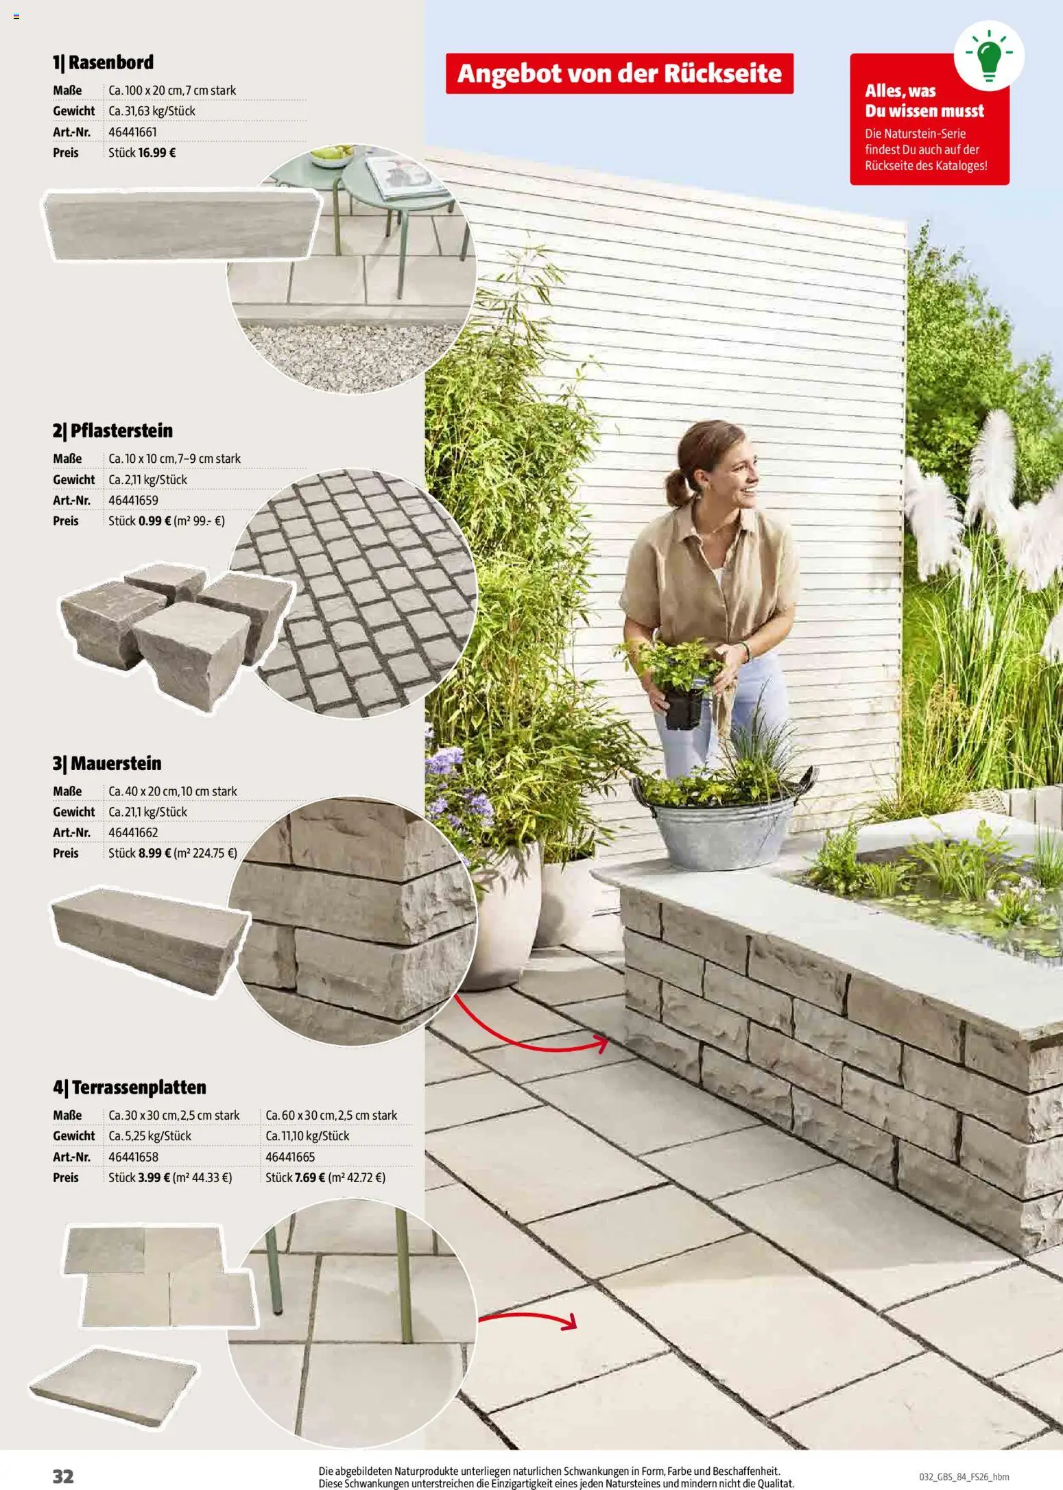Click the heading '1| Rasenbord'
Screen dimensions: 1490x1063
pyautogui.click(x=103, y=62)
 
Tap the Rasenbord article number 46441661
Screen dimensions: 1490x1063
pyautogui.click(x=133, y=132)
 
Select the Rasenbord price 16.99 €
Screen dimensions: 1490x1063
pyautogui.click(x=156, y=153)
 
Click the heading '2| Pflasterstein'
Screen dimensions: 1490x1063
pyautogui.click(x=112, y=431)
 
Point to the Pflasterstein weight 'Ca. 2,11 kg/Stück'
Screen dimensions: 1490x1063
pyautogui.click(x=147, y=479)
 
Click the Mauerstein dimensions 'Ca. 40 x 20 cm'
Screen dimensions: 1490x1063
pyautogui.click(x=143, y=791)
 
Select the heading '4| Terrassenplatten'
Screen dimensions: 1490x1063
pyautogui.click(x=129, y=1088)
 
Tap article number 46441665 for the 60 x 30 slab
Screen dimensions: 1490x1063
pyautogui.click(x=290, y=1157)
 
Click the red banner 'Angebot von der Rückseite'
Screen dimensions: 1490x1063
pyautogui.click(x=619, y=73)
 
